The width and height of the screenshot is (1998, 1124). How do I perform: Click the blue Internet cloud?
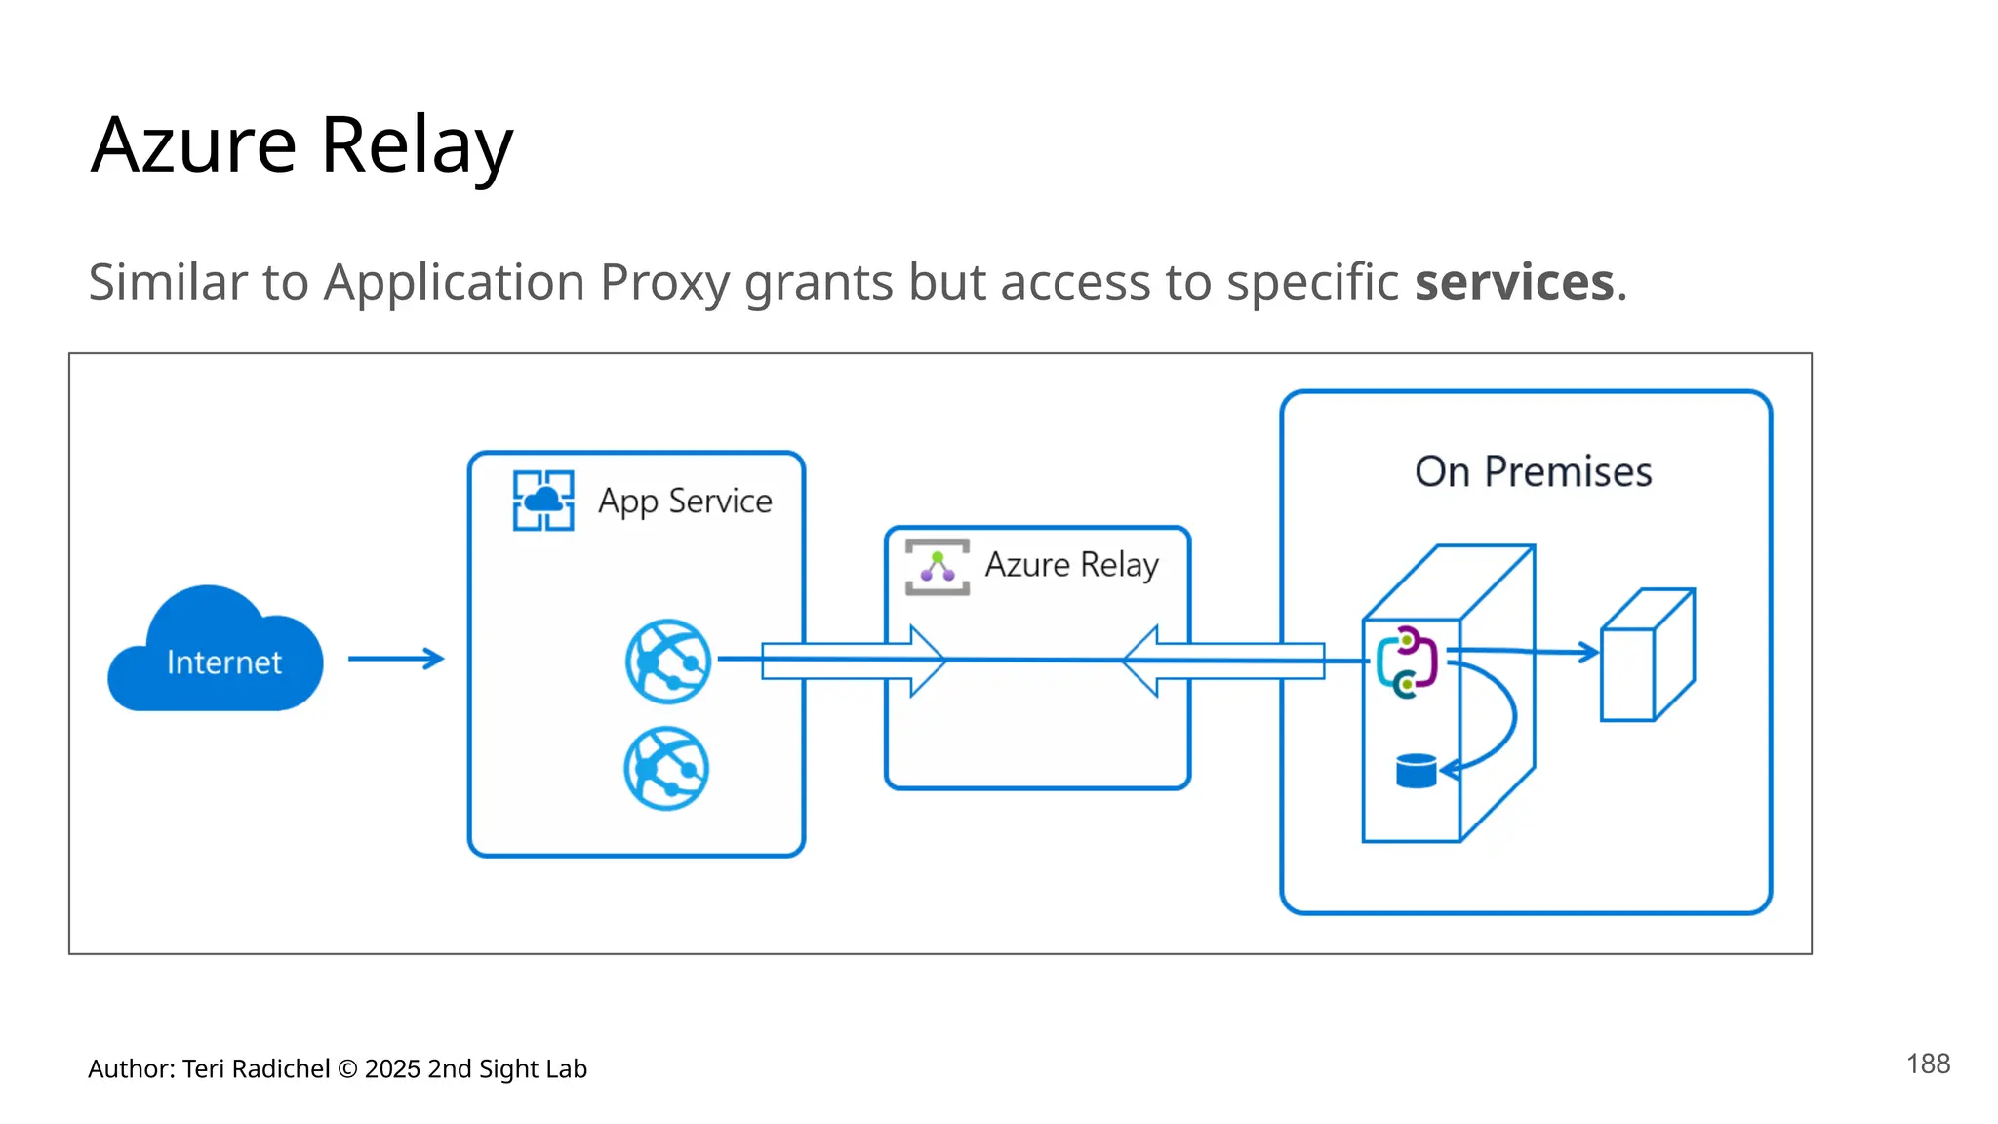tap(216, 653)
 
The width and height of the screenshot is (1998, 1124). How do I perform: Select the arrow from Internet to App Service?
tap(396, 659)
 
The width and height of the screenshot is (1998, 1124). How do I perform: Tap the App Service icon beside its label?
tap(543, 501)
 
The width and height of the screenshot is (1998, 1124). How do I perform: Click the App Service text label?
tap(685, 502)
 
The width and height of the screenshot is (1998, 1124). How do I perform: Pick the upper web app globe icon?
tap(668, 662)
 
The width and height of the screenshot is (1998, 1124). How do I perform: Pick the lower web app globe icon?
tap(667, 768)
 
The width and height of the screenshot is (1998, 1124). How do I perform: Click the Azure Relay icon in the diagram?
tap(938, 567)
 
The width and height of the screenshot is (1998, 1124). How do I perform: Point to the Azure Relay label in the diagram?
tap(1071, 565)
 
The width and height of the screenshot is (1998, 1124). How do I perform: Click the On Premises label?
tap(1533, 472)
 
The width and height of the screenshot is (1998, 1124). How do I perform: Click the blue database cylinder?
tap(1416, 771)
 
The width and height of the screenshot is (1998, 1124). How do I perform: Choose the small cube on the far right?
tap(1648, 656)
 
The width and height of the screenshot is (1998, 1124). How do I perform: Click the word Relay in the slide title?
tap(417, 145)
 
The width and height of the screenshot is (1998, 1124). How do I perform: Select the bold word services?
tap(1514, 283)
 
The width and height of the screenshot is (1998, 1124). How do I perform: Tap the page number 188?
tap(1928, 1064)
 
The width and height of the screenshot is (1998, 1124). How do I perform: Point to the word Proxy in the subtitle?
tap(664, 283)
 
